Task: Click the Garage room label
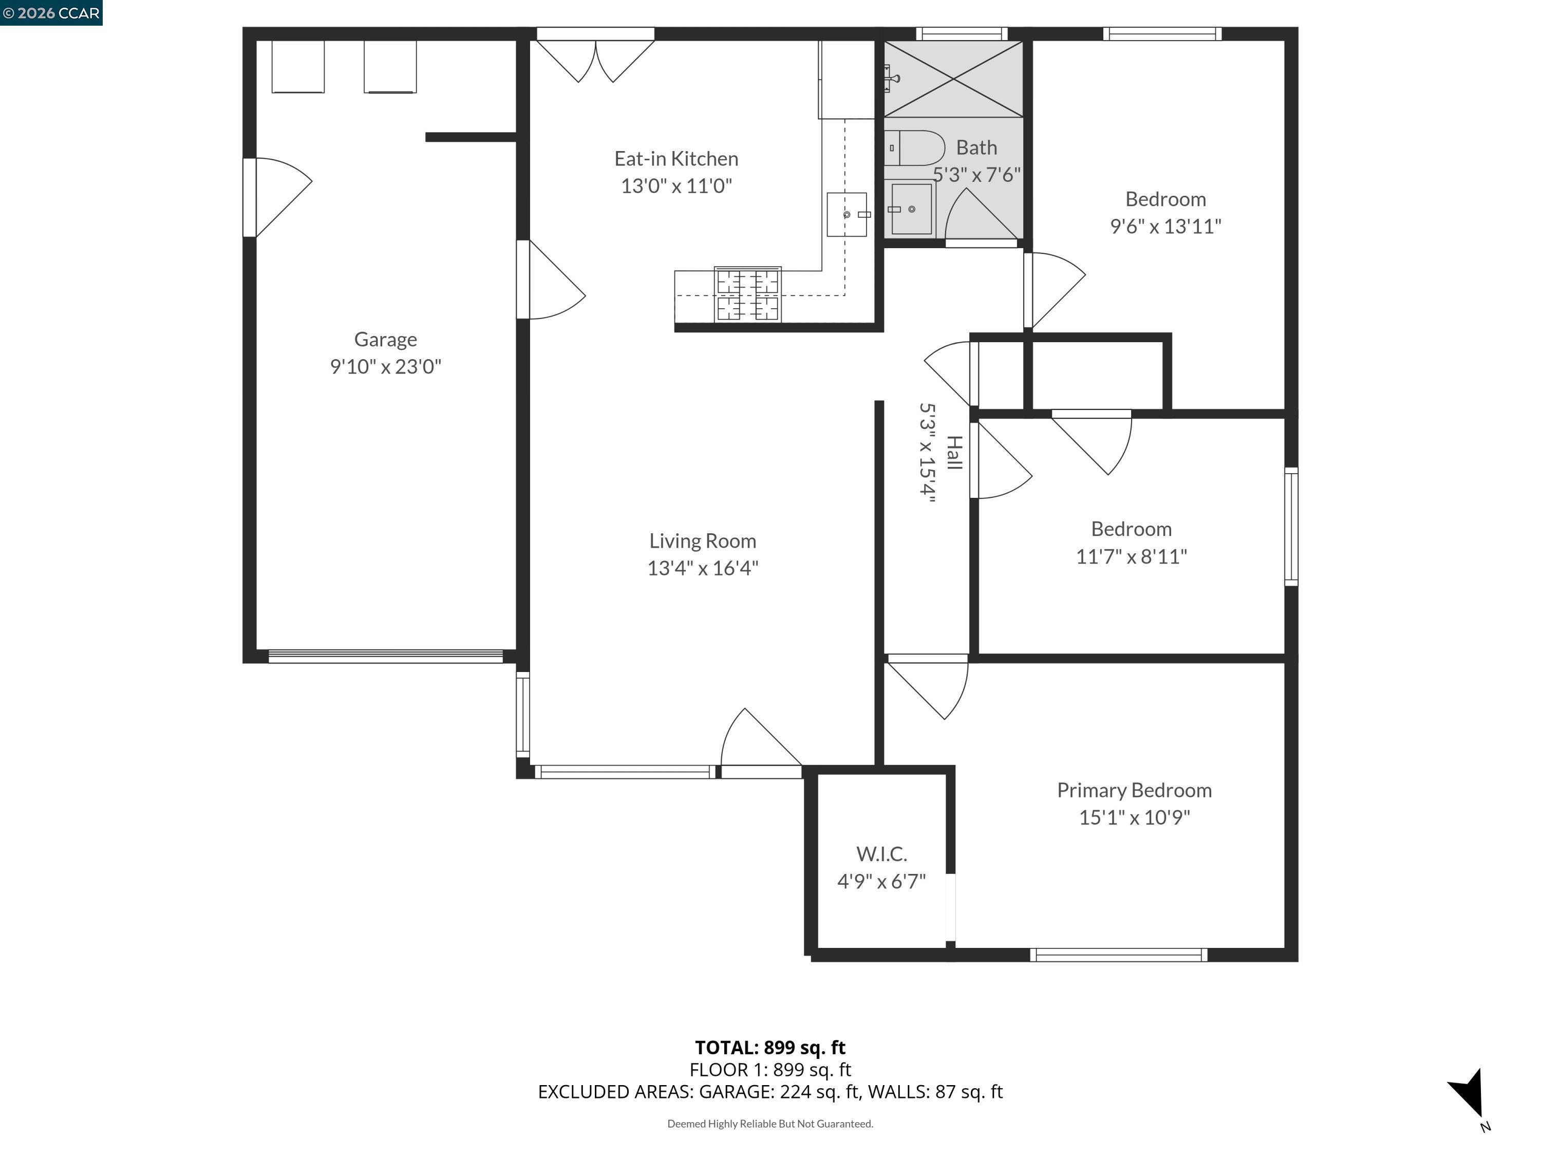coord(385,339)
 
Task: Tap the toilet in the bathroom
coord(915,148)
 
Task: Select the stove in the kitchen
coord(747,295)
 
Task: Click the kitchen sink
coord(847,215)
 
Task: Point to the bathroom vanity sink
coord(911,209)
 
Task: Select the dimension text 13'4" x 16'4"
coord(702,568)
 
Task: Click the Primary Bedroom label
coord(1134,790)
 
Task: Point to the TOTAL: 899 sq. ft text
coord(770,1047)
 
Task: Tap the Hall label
coord(954,453)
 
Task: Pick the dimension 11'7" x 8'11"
coord(1132,556)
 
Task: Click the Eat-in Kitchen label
coord(676,159)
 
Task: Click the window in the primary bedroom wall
coord(1118,955)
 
